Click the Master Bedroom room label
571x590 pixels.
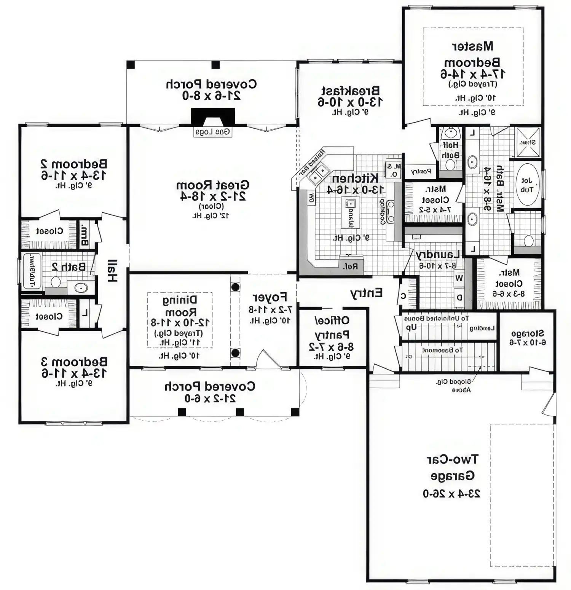click(x=472, y=54)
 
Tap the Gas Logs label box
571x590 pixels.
click(x=213, y=132)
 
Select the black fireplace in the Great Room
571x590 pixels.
click(x=213, y=116)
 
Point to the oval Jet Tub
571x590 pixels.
click(x=527, y=185)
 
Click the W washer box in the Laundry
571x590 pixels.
click(x=459, y=278)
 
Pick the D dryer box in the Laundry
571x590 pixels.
click(x=459, y=297)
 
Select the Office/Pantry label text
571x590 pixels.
click(x=332, y=327)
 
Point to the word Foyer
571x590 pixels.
click(x=270, y=297)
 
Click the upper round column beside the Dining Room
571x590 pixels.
click(x=236, y=287)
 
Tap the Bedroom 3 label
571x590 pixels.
click(x=74, y=361)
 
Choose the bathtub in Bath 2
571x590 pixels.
click(x=32, y=271)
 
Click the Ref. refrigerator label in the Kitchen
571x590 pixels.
click(x=351, y=266)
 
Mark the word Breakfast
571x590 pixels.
click(x=350, y=91)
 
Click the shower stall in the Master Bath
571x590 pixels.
click(x=528, y=142)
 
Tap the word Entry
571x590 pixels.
click(x=366, y=293)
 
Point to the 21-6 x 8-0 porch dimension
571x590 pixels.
click(x=211, y=96)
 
